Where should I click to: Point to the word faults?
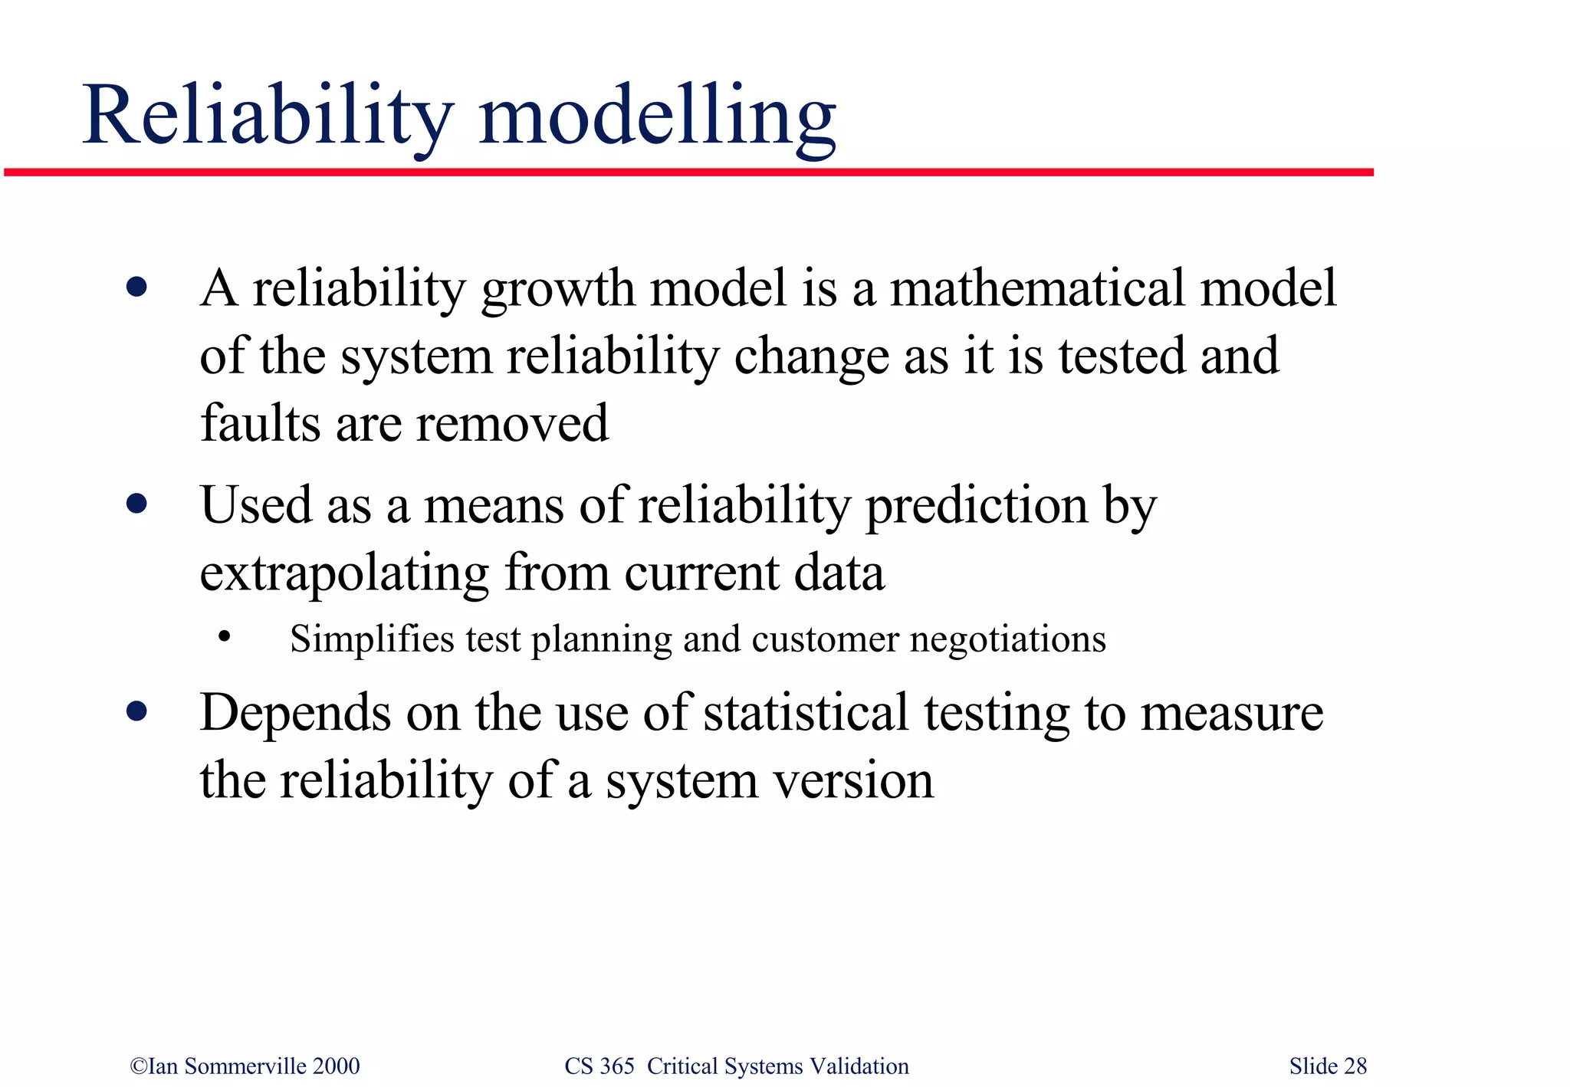(260, 423)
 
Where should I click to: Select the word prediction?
(977, 507)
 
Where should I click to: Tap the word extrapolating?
(343, 574)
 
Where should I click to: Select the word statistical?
(805, 713)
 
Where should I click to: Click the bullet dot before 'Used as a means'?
(137, 504)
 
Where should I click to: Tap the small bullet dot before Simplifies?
(224, 637)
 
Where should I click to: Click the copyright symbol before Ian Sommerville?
(138, 1066)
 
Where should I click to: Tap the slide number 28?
(1355, 1066)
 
